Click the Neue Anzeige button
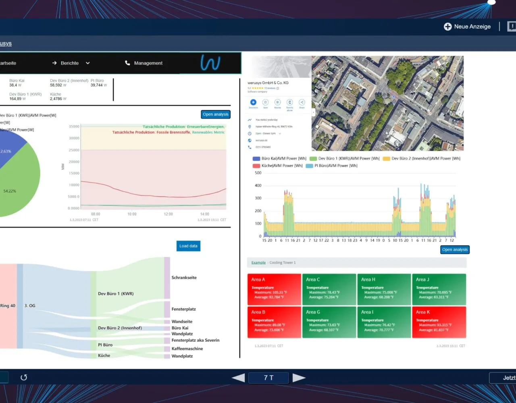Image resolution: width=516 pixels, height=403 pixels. (x=467, y=27)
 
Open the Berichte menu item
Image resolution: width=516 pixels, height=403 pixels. (x=70, y=63)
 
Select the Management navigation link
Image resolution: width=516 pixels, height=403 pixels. (x=148, y=63)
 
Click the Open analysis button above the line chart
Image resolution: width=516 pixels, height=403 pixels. (x=216, y=114)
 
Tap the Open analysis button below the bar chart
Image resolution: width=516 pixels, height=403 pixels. (x=455, y=250)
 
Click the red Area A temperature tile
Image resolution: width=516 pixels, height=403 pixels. (x=274, y=289)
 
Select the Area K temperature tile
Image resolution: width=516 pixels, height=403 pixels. (x=439, y=322)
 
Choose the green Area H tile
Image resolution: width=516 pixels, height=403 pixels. (x=384, y=289)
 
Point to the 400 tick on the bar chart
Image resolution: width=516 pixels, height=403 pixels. (x=258, y=186)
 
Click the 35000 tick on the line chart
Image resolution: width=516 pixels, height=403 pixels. (x=74, y=127)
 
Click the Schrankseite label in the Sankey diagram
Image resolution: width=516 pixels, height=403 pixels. (x=184, y=278)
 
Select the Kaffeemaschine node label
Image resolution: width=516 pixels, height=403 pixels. (x=187, y=349)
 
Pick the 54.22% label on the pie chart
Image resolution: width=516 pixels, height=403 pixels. (x=10, y=191)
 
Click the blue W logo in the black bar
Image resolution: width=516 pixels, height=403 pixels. (x=210, y=63)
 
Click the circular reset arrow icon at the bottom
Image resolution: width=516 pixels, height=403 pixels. (x=24, y=378)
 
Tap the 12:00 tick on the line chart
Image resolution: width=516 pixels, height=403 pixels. (x=168, y=214)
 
